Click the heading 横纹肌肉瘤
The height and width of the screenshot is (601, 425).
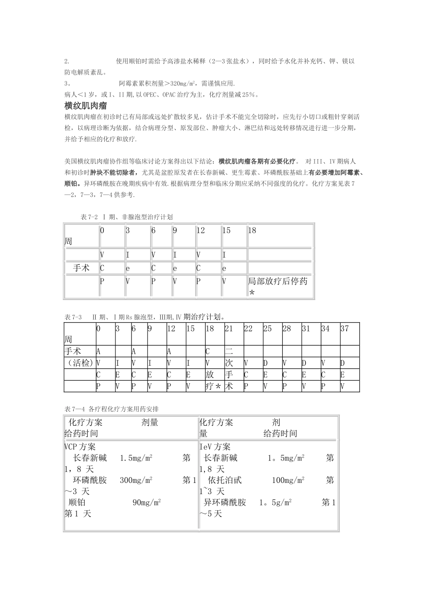[86, 106]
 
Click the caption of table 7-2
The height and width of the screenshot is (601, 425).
[127, 217]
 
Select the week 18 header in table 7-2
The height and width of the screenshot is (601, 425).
[252, 231]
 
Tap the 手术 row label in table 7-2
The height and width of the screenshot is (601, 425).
[81, 268]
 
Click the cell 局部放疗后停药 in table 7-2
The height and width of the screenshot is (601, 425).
[278, 282]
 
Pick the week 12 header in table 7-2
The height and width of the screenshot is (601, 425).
[201, 231]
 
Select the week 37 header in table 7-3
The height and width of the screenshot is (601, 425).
[344, 329]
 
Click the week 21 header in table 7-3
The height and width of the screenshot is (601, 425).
[229, 329]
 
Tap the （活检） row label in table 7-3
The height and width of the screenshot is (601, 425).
[79, 363]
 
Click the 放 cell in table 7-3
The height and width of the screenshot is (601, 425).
[210, 375]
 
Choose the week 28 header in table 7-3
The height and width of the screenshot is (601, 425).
[287, 329]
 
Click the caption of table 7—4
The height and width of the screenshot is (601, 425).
[115, 409]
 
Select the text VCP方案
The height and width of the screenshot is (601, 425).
[80, 447]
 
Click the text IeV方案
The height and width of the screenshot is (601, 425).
[215, 447]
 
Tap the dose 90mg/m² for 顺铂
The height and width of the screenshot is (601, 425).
[147, 502]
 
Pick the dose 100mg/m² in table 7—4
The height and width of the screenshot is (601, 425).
[288, 480]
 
